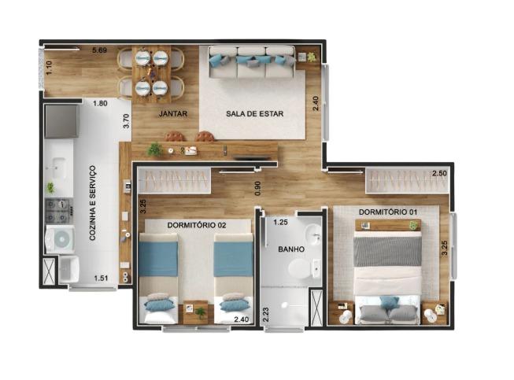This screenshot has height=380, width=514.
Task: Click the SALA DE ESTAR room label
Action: (255, 113)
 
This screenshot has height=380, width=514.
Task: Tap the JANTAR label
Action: (173, 113)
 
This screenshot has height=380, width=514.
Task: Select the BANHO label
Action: (291, 249)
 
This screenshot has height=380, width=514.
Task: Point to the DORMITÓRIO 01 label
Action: (388, 212)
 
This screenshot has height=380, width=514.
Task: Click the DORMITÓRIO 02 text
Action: (197, 225)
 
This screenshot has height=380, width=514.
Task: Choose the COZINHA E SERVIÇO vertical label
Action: (92, 203)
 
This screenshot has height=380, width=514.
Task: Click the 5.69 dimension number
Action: (99, 50)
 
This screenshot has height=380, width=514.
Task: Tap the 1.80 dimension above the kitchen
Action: (100, 103)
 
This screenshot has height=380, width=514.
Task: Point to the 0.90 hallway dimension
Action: (258, 188)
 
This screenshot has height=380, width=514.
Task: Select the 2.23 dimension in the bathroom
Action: (266, 314)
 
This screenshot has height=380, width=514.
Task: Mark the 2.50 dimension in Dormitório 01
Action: (439, 173)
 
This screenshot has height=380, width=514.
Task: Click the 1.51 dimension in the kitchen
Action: (101, 279)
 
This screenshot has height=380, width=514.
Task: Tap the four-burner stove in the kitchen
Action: (59, 212)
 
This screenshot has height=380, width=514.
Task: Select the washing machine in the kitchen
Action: (60, 239)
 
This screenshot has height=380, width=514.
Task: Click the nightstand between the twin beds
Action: (196, 312)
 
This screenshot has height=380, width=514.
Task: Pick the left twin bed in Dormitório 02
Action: (158, 278)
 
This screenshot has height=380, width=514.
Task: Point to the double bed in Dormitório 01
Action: (388, 272)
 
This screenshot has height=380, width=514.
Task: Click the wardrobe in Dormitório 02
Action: (174, 180)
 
